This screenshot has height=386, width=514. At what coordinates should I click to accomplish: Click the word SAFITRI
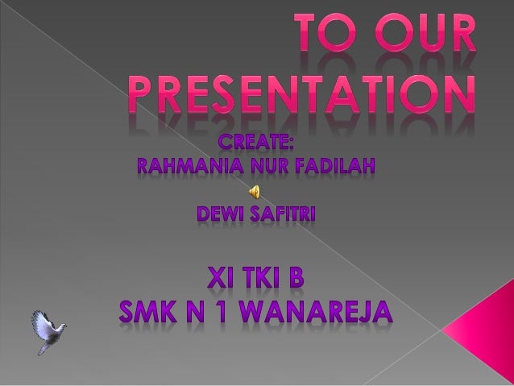pos(286,214)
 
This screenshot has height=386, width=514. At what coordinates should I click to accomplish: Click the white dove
pos(48,330)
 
